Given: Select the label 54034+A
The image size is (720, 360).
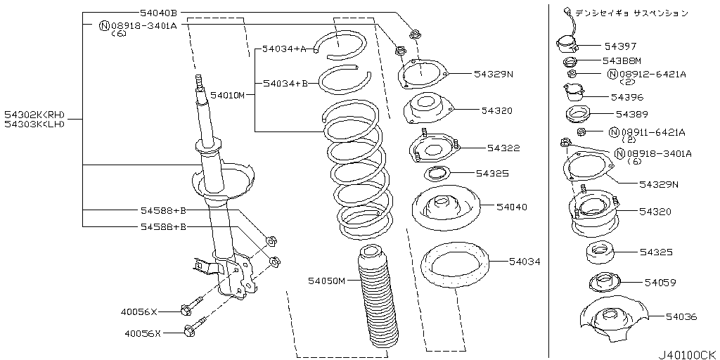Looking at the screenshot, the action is [x=284, y=49].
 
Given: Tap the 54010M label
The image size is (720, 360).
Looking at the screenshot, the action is [x=227, y=96].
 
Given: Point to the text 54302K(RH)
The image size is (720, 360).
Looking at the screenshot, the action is [x=34, y=115].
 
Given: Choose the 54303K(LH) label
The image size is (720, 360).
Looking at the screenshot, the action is [x=34, y=124].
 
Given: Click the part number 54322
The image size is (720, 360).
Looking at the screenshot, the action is [x=503, y=148].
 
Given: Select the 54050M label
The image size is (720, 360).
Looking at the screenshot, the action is [x=326, y=280].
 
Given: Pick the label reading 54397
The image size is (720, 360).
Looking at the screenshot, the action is [x=620, y=46].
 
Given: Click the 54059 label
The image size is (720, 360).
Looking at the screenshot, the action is [x=660, y=283].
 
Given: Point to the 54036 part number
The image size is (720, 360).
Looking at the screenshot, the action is [x=681, y=316].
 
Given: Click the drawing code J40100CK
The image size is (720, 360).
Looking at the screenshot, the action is [x=687, y=355].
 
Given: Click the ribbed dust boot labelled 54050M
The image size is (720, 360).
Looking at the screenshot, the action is [x=378, y=300].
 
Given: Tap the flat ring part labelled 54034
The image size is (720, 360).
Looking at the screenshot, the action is [x=455, y=265].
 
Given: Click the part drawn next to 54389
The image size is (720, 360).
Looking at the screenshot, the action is [x=577, y=115].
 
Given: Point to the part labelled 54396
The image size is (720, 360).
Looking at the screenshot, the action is [x=574, y=94].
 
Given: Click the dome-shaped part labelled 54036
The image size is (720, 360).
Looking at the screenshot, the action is [x=614, y=322].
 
